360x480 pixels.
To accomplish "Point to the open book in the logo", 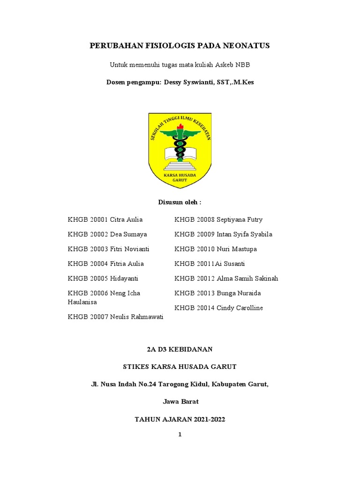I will [x=180, y=152].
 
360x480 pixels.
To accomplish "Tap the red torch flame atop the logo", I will [x=180, y=126].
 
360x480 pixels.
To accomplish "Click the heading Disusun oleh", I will [x=180, y=202].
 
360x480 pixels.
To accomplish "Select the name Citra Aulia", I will [x=126, y=219].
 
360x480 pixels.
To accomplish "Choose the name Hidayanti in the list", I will [x=124, y=278].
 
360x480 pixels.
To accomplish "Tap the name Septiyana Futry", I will [x=240, y=219].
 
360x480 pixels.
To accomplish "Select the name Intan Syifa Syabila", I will [x=244, y=234].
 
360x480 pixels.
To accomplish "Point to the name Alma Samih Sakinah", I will [x=247, y=278].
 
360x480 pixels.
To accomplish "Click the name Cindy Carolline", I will [x=240, y=308].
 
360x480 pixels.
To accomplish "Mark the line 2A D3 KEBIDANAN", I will [x=180, y=349].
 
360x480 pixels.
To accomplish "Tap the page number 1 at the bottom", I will [x=180, y=435].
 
